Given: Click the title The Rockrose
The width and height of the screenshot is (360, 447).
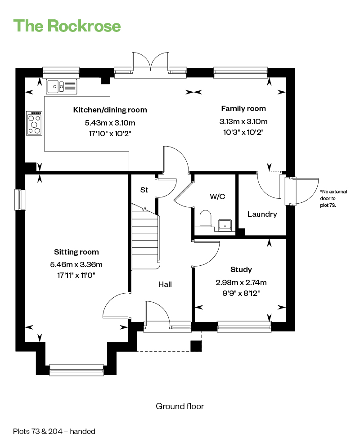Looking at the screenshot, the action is (x=67, y=26).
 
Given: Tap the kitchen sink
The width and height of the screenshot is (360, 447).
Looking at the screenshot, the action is (x=62, y=86).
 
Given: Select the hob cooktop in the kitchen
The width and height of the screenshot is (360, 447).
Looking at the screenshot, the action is (x=34, y=123).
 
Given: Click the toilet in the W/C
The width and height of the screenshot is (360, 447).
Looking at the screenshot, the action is (x=205, y=219).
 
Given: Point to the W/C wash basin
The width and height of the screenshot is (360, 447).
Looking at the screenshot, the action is (x=225, y=225).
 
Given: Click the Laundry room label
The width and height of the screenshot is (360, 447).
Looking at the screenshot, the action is (x=262, y=214).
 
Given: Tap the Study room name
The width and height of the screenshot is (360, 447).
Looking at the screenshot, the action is (x=241, y=269).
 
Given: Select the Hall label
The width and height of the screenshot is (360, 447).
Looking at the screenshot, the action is (x=165, y=284).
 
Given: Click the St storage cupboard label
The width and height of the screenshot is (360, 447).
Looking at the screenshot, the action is (x=144, y=190).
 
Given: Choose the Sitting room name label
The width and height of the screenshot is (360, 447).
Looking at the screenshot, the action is (x=76, y=252).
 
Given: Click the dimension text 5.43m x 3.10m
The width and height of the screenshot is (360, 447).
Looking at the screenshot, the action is (x=110, y=123).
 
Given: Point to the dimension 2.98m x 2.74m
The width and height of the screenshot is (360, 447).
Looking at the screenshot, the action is (x=241, y=282).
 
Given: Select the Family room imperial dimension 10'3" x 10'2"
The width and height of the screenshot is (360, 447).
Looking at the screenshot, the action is (x=243, y=132).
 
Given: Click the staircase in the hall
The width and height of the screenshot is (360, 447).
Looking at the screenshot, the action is (x=145, y=237).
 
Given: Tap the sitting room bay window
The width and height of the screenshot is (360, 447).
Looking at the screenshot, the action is (x=76, y=370).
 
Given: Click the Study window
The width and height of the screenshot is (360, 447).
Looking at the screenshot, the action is (x=244, y=326).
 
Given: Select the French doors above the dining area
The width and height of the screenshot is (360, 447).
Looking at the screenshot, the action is (x=151, y=65).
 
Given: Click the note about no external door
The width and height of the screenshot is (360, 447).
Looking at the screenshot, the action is (x=333, y=198).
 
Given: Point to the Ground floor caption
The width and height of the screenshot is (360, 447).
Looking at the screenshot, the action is (x=180, y=406).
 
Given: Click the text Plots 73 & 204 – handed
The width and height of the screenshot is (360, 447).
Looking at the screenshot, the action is (x=54, y=431).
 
